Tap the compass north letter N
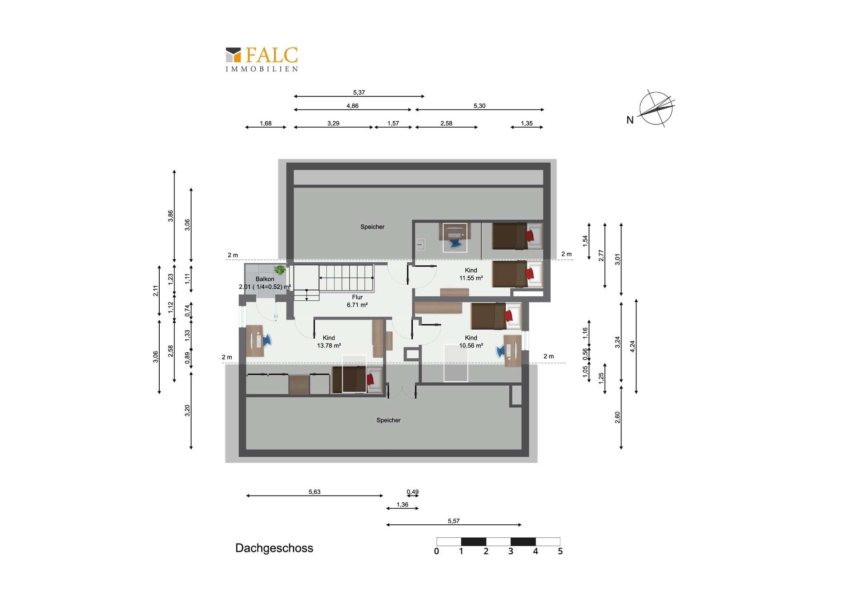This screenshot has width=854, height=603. pyautogui.click(x=630, y=120)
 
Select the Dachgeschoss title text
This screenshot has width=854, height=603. pyautogui.click(x=274, y=548)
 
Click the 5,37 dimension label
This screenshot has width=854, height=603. pyautogui.click(x=359, y=92)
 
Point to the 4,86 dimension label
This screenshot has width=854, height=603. pyautogui.click(x=352, y=106)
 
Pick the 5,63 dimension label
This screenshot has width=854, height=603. pyautogui.click(x=314, y=492)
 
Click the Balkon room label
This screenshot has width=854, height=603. pyautogui.click(x=265, y=279)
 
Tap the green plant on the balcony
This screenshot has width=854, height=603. pyautogui.click(x=280, y=270)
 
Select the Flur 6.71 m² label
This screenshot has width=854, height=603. pyautogui.click(x=357, y=301)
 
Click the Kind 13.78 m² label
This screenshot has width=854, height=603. pyautogui.click(x=329, y=342)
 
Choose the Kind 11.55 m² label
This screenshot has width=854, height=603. pyautogui.click(x=471, y=274)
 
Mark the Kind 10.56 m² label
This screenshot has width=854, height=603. pyautogui.click(x=471, y=342)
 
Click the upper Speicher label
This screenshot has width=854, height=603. pyautogui.click(x=372, y=227)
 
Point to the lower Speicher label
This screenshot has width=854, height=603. pyautogui.click(x=388, y=420)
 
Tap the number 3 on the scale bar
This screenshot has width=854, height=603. pyautogui.click(x=511, y=551)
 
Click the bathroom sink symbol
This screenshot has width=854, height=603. pyautogui.click(x=421, y=244)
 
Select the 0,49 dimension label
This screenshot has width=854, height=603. pyautogui.click(x=412, y=492)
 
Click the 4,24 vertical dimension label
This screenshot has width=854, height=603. pyautogui.click(x=632, y=347)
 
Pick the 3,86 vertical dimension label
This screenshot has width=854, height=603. pyautogui.click(x=170, y=216)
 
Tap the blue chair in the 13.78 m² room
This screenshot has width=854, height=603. pyautogui.click(x=267, y=340)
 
